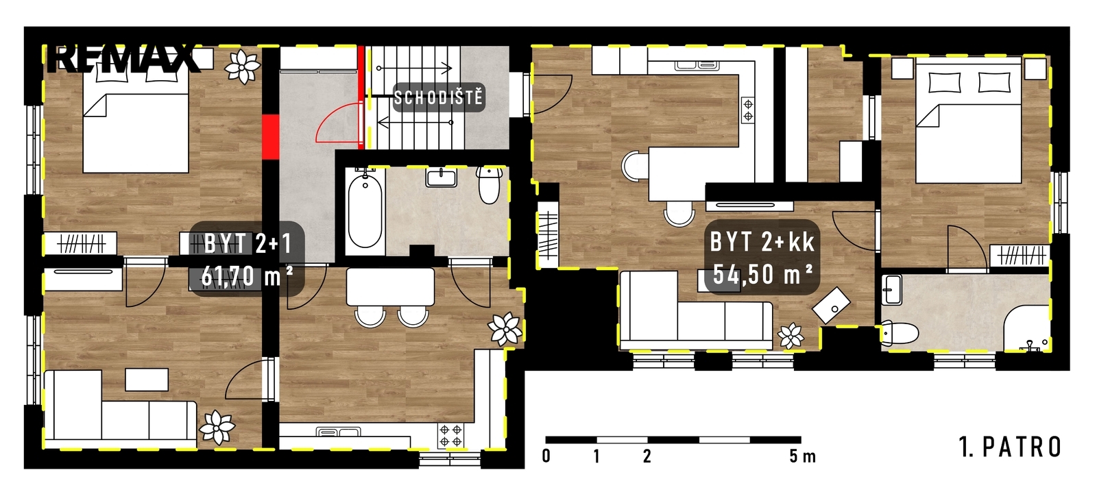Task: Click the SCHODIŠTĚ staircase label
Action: coord(438,98)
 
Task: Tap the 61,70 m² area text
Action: coord(248,277)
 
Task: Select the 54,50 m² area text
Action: coord(763,275)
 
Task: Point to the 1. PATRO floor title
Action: coord(1010,447)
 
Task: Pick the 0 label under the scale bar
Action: coord(546,456)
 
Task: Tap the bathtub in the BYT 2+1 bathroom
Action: coord(365,211)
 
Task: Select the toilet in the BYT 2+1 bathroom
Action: coord(490,185)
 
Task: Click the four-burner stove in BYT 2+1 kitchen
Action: coord(450,435)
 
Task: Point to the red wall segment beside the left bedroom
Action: coord(270,138)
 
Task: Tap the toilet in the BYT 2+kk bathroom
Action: coord(900,333)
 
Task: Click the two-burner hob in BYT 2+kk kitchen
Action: coord(748,110)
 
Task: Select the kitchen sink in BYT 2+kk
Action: coord(697,65)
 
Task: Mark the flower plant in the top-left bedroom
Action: coord(242,66)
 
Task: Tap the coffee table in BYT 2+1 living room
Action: coord(147,380)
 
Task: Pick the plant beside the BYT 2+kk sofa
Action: coord(791,336)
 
